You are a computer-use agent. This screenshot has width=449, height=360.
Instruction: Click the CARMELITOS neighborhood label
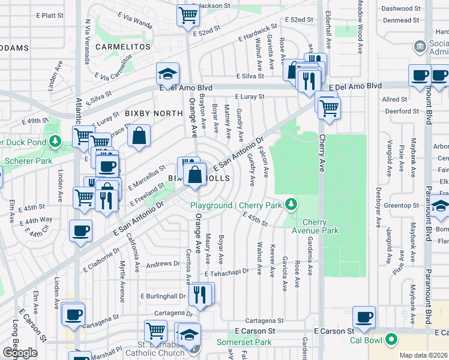click(x=125, y=46)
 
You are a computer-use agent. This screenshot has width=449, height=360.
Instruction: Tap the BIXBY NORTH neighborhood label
click(x=154, y=113)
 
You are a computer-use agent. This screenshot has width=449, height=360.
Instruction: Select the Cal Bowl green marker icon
click(x=391, y=340)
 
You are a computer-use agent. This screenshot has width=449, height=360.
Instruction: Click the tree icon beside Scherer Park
click(x=55, y=141)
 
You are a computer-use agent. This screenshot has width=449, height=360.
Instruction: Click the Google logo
click(x=20, y=353)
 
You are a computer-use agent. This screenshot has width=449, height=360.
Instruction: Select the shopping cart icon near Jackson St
click(x=188, y=15)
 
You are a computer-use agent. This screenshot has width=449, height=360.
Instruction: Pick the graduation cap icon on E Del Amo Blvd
click(x=168, y=74)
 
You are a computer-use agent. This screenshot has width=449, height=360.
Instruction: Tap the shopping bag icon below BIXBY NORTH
click(x=139, y=136)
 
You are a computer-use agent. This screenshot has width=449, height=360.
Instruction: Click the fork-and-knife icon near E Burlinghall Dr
click(x=199, y=295)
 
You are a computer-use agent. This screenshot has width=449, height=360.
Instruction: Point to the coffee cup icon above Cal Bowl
click(x=363, y=317)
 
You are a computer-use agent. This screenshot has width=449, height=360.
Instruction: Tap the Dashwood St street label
click(x=401, y=9)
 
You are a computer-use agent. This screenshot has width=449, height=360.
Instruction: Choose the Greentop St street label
click(x=401, y=206)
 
